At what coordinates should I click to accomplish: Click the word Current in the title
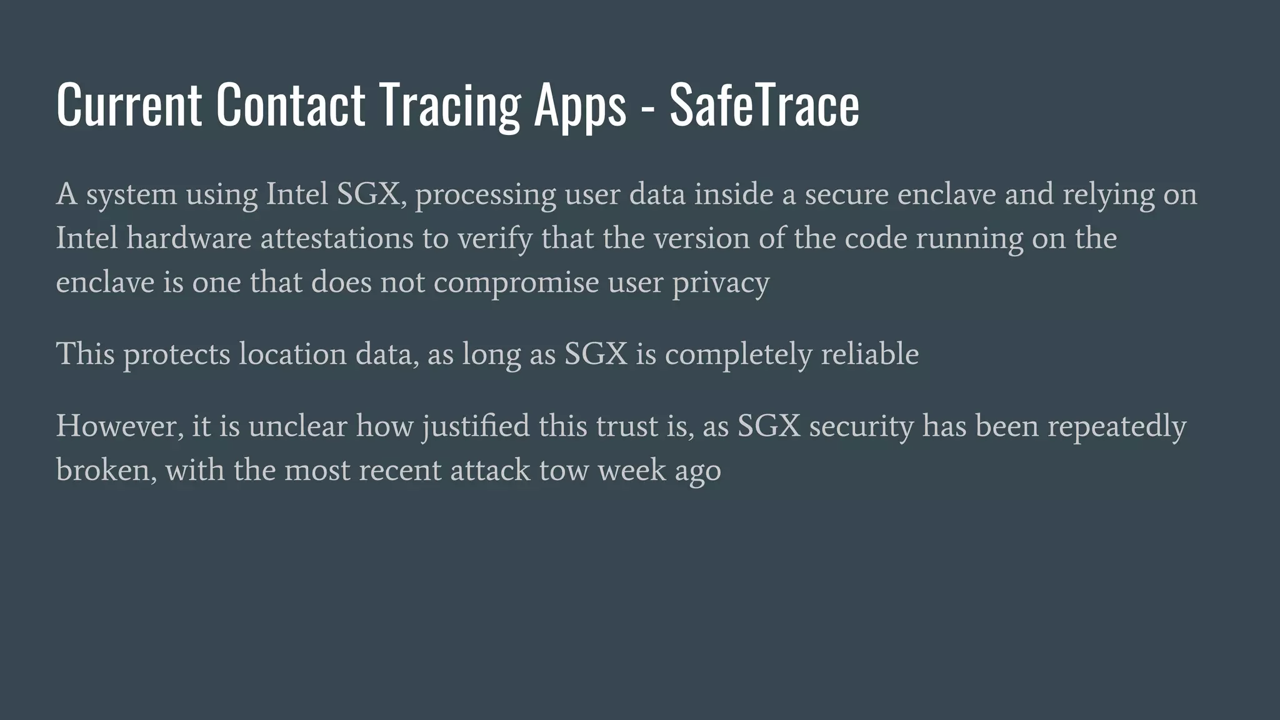(129, 105)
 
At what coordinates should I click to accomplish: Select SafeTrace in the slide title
(764, 105)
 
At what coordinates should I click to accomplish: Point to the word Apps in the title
(579, 105)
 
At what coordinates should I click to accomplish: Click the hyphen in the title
(647, 107)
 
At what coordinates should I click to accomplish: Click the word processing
(485, 195)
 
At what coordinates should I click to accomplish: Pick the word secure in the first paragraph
(846, 194)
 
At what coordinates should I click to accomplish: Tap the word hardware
(189, 238)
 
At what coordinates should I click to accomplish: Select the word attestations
(337, 238)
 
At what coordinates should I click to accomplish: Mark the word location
(292, 354)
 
